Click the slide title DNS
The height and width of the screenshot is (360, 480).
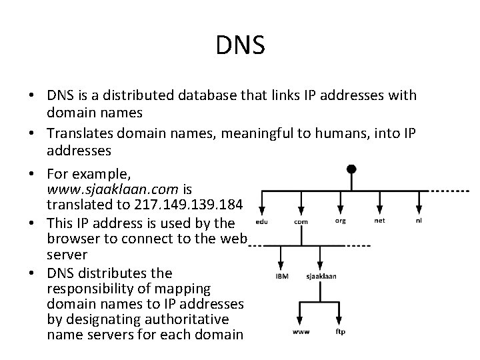click(241, 45)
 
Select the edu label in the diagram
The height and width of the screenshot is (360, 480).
click(262, 222)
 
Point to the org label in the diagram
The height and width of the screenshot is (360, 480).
click(340, 221)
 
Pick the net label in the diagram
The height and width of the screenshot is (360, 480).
click(379, 221)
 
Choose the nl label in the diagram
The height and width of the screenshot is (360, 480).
click(419, 221)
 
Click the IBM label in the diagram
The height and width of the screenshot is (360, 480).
click(282, 275)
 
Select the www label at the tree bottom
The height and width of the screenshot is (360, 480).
click(301, 331)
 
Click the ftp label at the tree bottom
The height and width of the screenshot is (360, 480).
click(340, 331)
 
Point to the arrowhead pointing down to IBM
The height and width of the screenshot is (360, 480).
click(281, 262)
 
